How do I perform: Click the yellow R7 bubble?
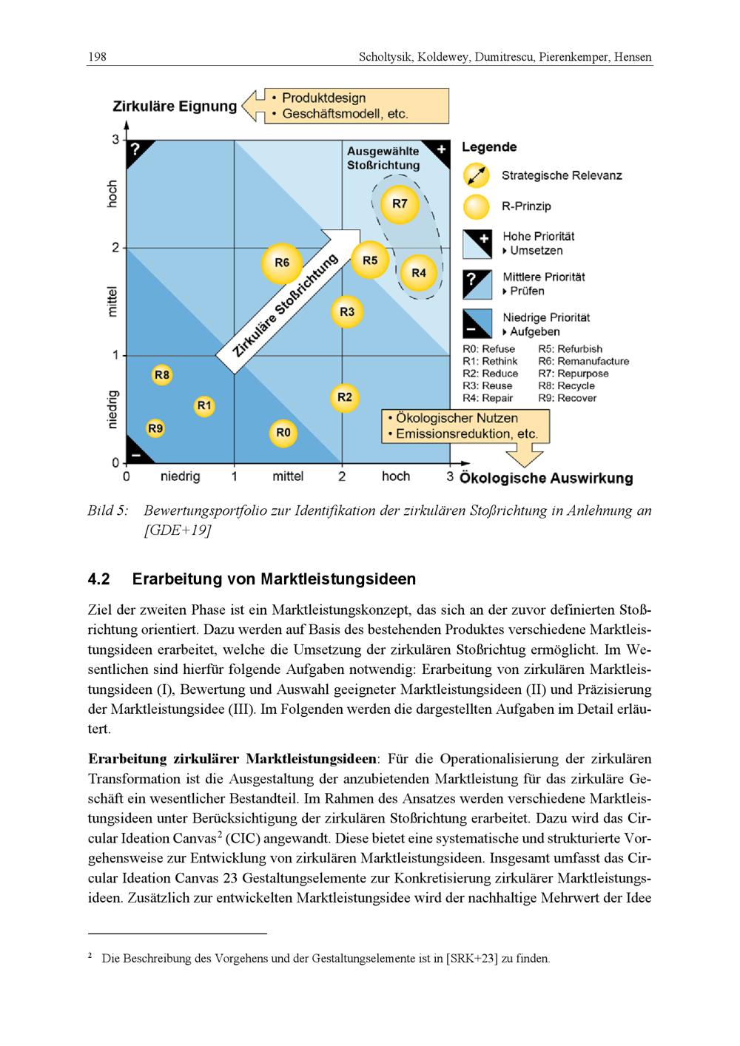400,203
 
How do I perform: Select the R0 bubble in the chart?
283,433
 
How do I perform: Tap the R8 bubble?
161,375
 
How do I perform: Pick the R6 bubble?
282,263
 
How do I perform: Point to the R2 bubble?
344,398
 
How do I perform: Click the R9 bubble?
155,428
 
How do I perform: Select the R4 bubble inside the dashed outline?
419,273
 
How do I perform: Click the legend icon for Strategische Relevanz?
477,176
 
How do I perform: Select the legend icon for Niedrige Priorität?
477,324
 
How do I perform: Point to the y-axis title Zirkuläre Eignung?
175,106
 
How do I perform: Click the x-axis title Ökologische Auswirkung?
546,478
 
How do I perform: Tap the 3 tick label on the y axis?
115,139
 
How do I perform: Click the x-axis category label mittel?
288,476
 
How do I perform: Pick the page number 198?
98,56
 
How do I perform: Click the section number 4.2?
98,578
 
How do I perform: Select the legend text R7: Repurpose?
573,374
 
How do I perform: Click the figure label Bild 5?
108,510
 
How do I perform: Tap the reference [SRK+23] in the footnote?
472,959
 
